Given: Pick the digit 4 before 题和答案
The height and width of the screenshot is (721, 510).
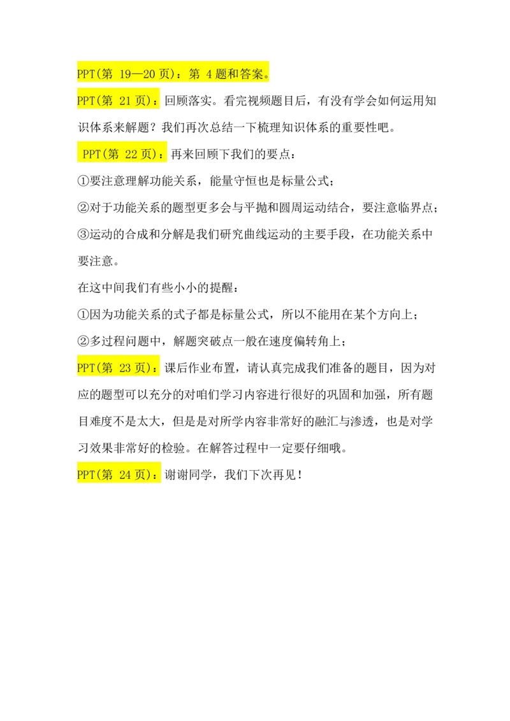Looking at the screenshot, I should [x=210, y=75].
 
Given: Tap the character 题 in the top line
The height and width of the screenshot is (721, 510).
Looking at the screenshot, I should [x=221, y=75].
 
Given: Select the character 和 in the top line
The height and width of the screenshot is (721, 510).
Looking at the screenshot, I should [x=233, y=75].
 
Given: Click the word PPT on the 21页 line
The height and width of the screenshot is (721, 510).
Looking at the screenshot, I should [x=85, y=101].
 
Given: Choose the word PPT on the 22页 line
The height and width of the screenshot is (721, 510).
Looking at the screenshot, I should [x=92, y=154].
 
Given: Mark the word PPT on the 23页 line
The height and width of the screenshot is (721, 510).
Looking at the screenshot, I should [x=85, y=368].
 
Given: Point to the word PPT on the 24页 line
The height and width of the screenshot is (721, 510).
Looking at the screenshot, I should [x=85, y=475].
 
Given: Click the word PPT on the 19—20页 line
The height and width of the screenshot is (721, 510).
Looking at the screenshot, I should [x=85, y=75].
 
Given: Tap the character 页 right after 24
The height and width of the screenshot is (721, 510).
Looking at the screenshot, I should [x=141, y=475].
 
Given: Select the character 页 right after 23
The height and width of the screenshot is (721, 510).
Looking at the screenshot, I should [x=141, y=368].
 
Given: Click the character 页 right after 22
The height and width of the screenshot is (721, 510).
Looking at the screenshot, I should [x=147, y=154].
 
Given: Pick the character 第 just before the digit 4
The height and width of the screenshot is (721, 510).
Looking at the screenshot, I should [x=195, y=75].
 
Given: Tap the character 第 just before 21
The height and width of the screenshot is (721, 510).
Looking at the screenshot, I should [x=107, y=101].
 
